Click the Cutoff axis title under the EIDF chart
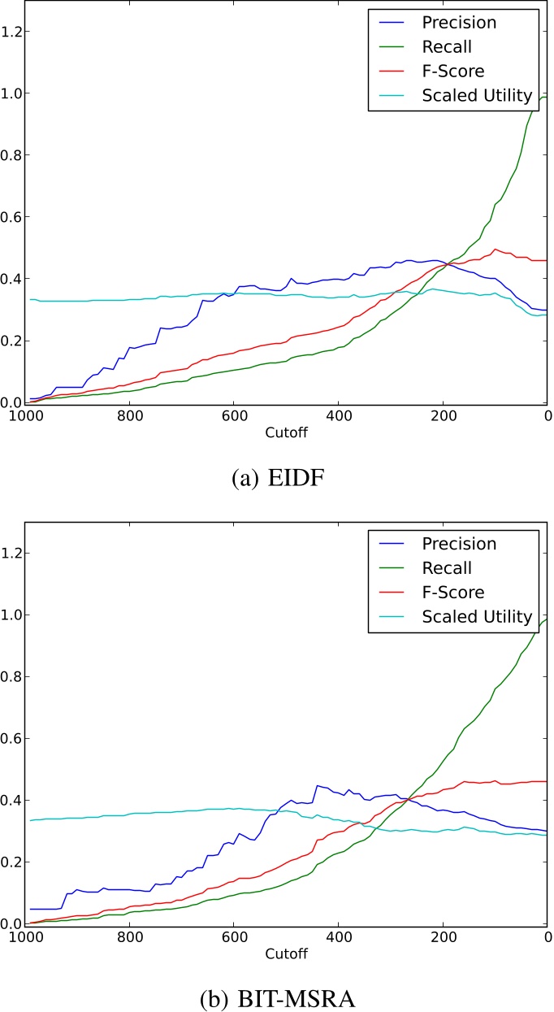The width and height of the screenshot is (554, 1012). (286, 432)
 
